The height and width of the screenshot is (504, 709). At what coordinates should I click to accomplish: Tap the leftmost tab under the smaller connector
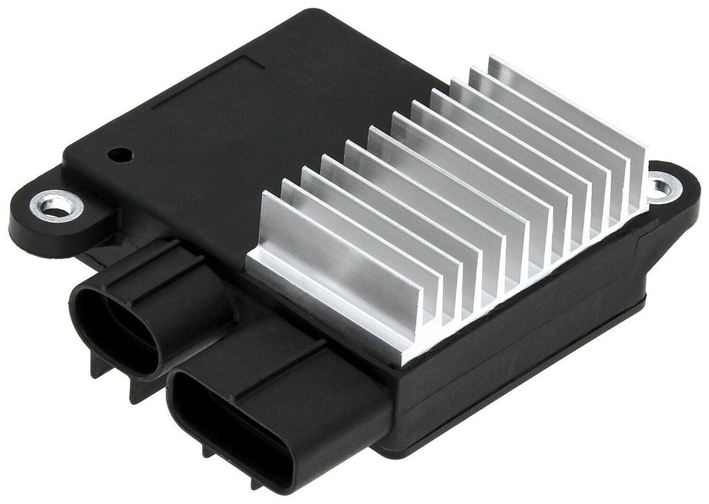(98, 365)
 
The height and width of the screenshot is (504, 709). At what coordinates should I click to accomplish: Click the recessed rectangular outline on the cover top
(208, 76)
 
